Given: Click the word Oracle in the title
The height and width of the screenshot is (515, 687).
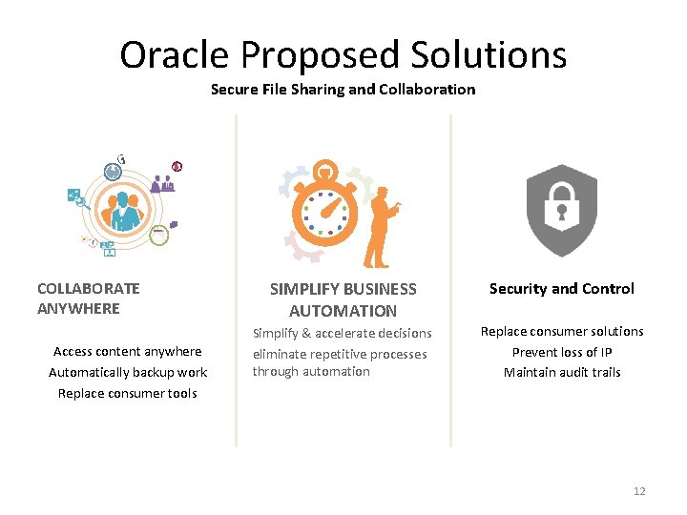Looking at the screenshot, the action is click(175, 54).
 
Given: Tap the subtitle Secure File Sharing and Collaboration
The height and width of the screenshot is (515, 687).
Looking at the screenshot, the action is click(343, 90).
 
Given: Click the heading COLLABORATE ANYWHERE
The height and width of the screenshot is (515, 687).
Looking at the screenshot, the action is click(89, 298).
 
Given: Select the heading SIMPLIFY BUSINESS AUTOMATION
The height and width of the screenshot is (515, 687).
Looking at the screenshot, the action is click(343, 299).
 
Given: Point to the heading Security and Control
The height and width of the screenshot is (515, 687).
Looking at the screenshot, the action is click(561, 288).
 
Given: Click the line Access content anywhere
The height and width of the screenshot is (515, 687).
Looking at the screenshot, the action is click(128, 351).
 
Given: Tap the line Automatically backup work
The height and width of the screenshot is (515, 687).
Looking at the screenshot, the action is click(128, 372).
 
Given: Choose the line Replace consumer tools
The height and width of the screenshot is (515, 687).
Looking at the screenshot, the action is click(128, 393).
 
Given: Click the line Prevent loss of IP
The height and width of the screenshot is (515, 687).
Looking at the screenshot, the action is click(562, 352).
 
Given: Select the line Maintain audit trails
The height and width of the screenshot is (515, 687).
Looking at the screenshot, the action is click(562, 372).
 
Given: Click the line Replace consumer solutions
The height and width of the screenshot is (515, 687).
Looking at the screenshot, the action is click(562, 331).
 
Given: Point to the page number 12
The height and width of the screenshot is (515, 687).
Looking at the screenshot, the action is click(639, 491).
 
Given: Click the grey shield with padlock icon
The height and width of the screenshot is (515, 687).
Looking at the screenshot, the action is click(562, 210).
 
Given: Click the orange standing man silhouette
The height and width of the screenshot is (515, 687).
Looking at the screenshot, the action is click(381, 227).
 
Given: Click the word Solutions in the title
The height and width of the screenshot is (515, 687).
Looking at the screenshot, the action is click(489, 54).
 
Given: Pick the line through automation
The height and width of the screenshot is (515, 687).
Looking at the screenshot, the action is click(311, 372).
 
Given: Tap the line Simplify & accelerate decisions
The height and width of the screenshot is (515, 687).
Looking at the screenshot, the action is click(342, 333).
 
